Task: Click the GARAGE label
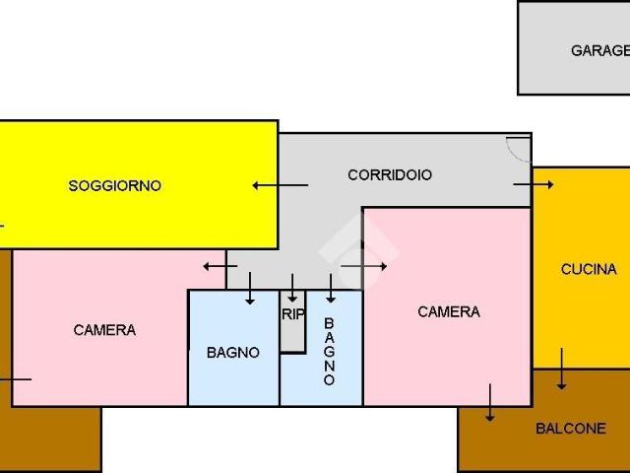[x=599, y=50]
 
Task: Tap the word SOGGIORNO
[x=114, y=185]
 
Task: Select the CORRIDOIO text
[x=390, y=175]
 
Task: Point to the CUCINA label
[x=589, y=269]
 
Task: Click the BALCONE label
[x=571, y=429]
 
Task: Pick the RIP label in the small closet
[x=292, y=315]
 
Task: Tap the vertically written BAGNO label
[x=329, y=351]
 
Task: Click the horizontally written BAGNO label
[x=233, y=353]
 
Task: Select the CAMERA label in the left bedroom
[x=104, y=330]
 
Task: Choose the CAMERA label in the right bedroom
[x=449, y=311]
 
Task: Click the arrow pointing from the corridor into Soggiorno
[x=280, y=184]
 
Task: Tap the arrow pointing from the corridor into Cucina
[x=534, y=184]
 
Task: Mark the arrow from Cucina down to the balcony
[x=562, y=369]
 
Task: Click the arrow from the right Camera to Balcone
[x=490, y=402]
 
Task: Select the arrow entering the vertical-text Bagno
[x=331, y=289]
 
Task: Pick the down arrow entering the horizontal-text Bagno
[x=250, y=289]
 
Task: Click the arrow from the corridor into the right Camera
[x=363, y=265]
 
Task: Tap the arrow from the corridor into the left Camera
[x=214, y=266]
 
